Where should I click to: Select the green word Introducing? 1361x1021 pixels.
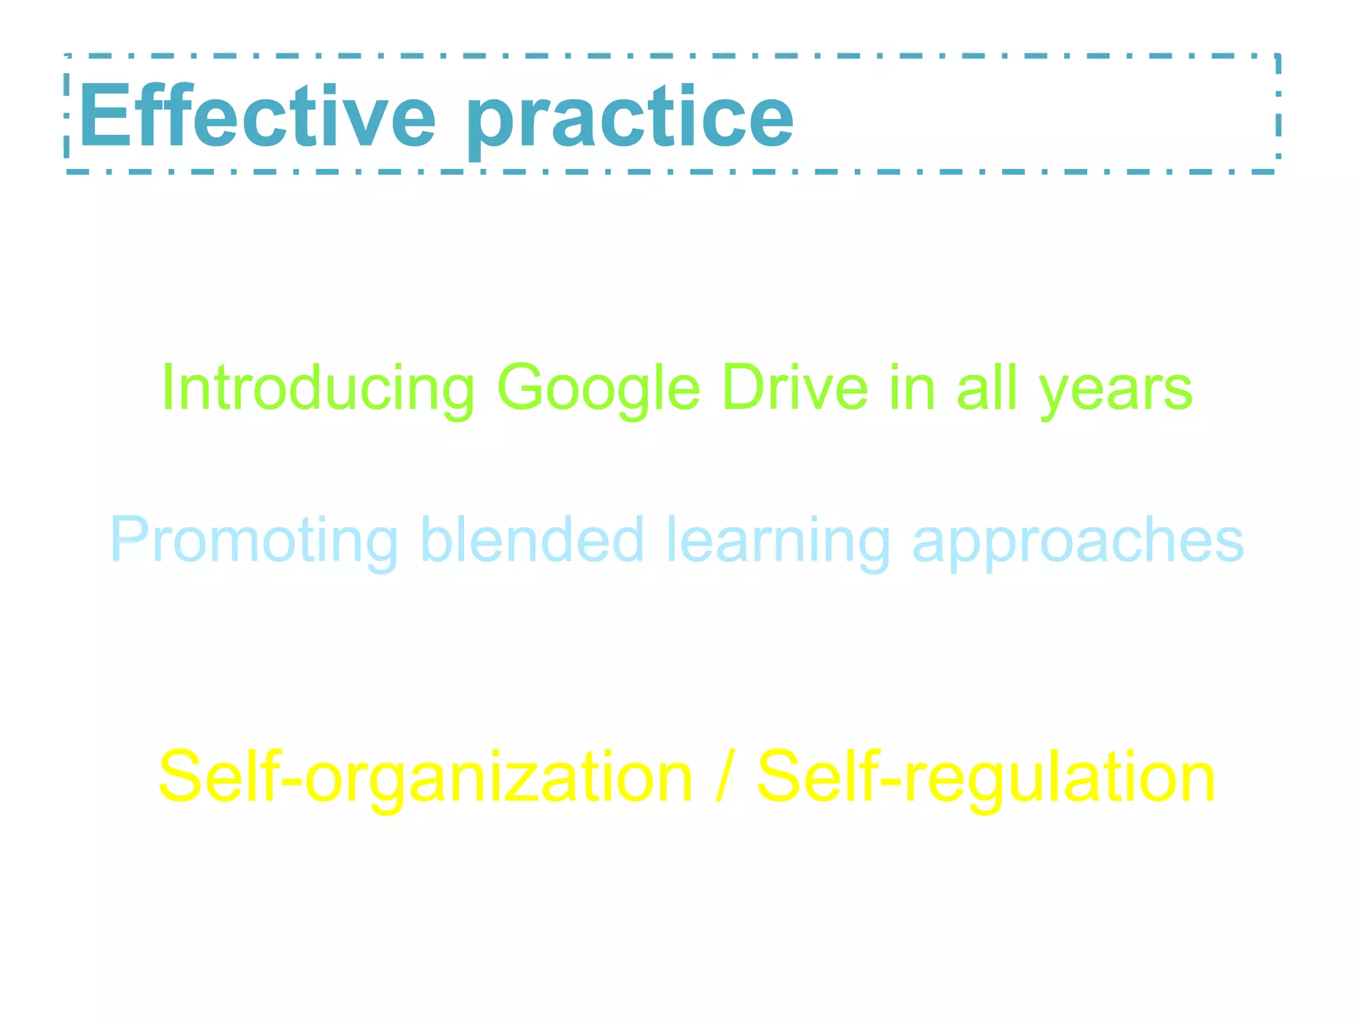318,390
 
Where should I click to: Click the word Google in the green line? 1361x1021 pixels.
598,390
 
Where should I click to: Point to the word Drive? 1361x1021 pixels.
795,388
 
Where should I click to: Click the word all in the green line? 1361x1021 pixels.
986,388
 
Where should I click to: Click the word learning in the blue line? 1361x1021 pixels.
778,541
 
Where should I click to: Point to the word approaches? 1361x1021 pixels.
1077,542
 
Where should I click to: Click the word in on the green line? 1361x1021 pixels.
912,388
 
